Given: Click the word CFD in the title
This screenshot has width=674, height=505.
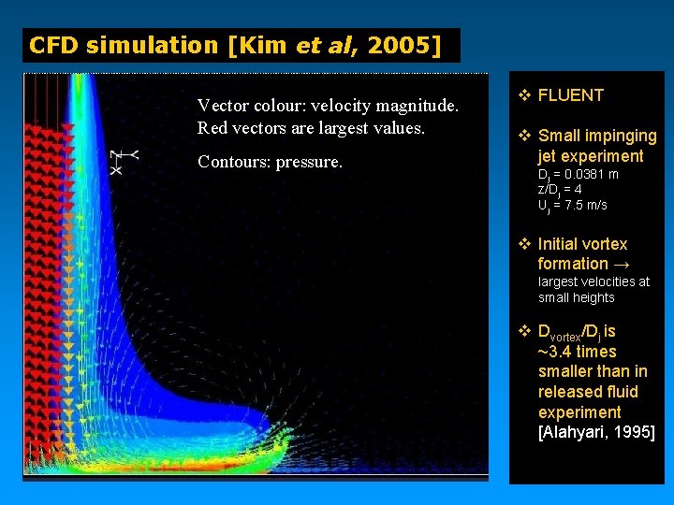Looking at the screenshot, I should pos(54,45).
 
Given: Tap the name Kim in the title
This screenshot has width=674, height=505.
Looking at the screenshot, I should pos(263,45).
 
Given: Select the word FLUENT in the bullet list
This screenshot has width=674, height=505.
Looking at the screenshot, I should pos(571,94).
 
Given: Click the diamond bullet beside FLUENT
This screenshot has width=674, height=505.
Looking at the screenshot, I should pos(525,94).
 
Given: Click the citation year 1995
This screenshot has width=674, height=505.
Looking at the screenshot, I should pos(636,432).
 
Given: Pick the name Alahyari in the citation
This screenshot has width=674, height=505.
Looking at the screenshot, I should pos(579,432).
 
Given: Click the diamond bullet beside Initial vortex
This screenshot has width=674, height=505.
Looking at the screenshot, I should pos(525,244).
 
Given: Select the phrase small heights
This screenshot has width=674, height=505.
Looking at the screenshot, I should pos(576,297).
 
